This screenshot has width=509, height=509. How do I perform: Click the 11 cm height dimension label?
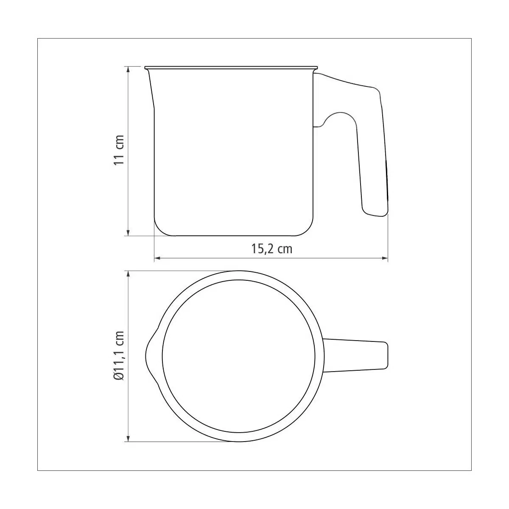pyautogui.click(x=119, y=150)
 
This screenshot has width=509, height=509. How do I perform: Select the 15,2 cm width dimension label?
pyautogui.click(x=271, y=249)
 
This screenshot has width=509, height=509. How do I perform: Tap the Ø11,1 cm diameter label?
pyautogui.click(x=119, y=355)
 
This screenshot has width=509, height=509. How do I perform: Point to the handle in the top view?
pyautogui.click(x=355, y=355)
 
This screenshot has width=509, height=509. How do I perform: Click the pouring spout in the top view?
pyautogui.click(x=150, y=355)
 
